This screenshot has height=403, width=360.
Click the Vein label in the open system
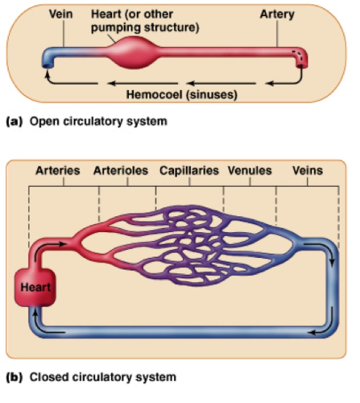(60, 14)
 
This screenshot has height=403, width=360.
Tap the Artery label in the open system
(277, 14)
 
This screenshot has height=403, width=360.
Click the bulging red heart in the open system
(133, 53)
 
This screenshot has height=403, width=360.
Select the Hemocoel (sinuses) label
(182, 94)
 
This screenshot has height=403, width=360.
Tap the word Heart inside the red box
(35, 287)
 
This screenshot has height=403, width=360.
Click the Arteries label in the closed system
(58, 170)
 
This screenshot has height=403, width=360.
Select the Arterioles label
(121, 170)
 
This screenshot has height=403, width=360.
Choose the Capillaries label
(189, 170)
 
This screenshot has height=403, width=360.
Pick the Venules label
(250, 170)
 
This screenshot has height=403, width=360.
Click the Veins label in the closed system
(307, 170)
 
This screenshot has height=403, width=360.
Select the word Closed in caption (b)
(46, 377)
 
